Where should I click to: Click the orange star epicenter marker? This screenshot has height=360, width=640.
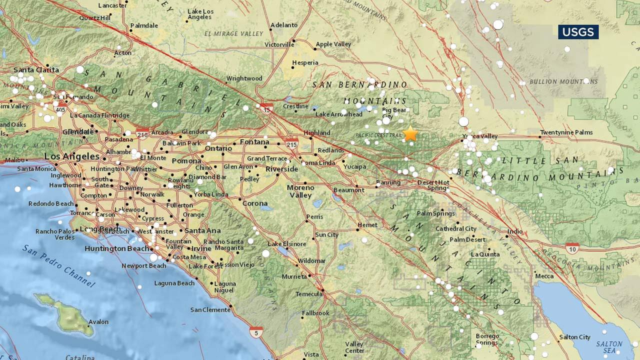410,133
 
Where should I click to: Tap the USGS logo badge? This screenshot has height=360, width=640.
578,32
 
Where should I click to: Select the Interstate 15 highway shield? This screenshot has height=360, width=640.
266,108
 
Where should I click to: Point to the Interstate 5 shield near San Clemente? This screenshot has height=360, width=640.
256,332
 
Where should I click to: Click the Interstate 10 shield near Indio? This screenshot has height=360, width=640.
572,247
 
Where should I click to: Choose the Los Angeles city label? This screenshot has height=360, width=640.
72,156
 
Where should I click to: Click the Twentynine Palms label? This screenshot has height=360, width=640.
566,132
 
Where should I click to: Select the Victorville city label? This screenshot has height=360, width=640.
279,44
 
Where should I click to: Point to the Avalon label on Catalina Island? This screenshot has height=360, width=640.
98,322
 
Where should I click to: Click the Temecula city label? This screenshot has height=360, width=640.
308,294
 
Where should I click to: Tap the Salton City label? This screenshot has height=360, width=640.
574,337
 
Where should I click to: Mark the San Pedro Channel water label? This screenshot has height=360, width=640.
58,266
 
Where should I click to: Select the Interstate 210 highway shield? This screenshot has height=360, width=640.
142,133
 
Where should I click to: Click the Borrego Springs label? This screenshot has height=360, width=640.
486,339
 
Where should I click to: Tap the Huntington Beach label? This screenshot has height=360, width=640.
116,248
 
